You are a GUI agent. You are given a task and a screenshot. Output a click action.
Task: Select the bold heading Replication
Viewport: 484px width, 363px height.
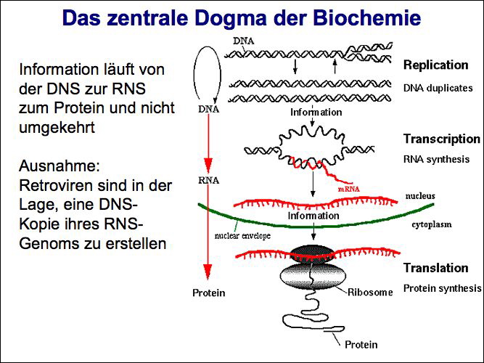pos(437,65)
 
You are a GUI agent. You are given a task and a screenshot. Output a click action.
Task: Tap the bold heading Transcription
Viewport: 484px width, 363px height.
pos(441,139)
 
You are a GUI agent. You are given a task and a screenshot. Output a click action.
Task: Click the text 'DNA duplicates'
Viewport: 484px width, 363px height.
pos(438,88)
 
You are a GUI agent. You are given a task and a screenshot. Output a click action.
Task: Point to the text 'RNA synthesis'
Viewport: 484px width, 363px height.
pos(435,159)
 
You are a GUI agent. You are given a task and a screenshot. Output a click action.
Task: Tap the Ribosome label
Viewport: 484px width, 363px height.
pos(370,293)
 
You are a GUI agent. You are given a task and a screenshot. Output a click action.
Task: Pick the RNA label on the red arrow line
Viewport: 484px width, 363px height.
pos(208,181)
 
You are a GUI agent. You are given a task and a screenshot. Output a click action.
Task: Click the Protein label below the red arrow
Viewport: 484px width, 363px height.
pos(208,293)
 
